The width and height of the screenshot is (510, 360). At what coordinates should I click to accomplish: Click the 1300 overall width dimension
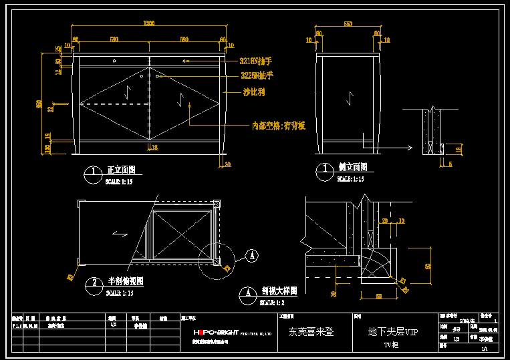pos(149,24)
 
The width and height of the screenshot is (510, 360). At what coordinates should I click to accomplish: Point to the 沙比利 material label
pos(253,92)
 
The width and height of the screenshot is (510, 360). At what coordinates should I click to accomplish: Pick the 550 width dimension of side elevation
pos(348,24)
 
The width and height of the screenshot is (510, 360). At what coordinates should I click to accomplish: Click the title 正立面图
pos(122,170)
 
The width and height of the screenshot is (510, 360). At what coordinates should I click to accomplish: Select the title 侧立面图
pos(353,168)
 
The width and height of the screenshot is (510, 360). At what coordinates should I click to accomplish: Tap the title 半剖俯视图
pos(126,282)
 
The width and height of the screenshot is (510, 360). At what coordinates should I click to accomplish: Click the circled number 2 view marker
pos(93,287)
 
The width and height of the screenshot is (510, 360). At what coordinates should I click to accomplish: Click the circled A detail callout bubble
pos(251,254)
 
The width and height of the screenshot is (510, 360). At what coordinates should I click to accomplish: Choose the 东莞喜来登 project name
pos(311,331)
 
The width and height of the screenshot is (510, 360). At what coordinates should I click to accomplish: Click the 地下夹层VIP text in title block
pos(392,331)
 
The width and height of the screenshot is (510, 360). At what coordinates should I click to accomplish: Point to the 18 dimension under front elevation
pos(154,148)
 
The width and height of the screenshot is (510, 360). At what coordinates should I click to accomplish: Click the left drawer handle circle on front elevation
pos(114,61)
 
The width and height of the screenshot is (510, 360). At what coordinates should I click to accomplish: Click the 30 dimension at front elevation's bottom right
pos(227,163)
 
